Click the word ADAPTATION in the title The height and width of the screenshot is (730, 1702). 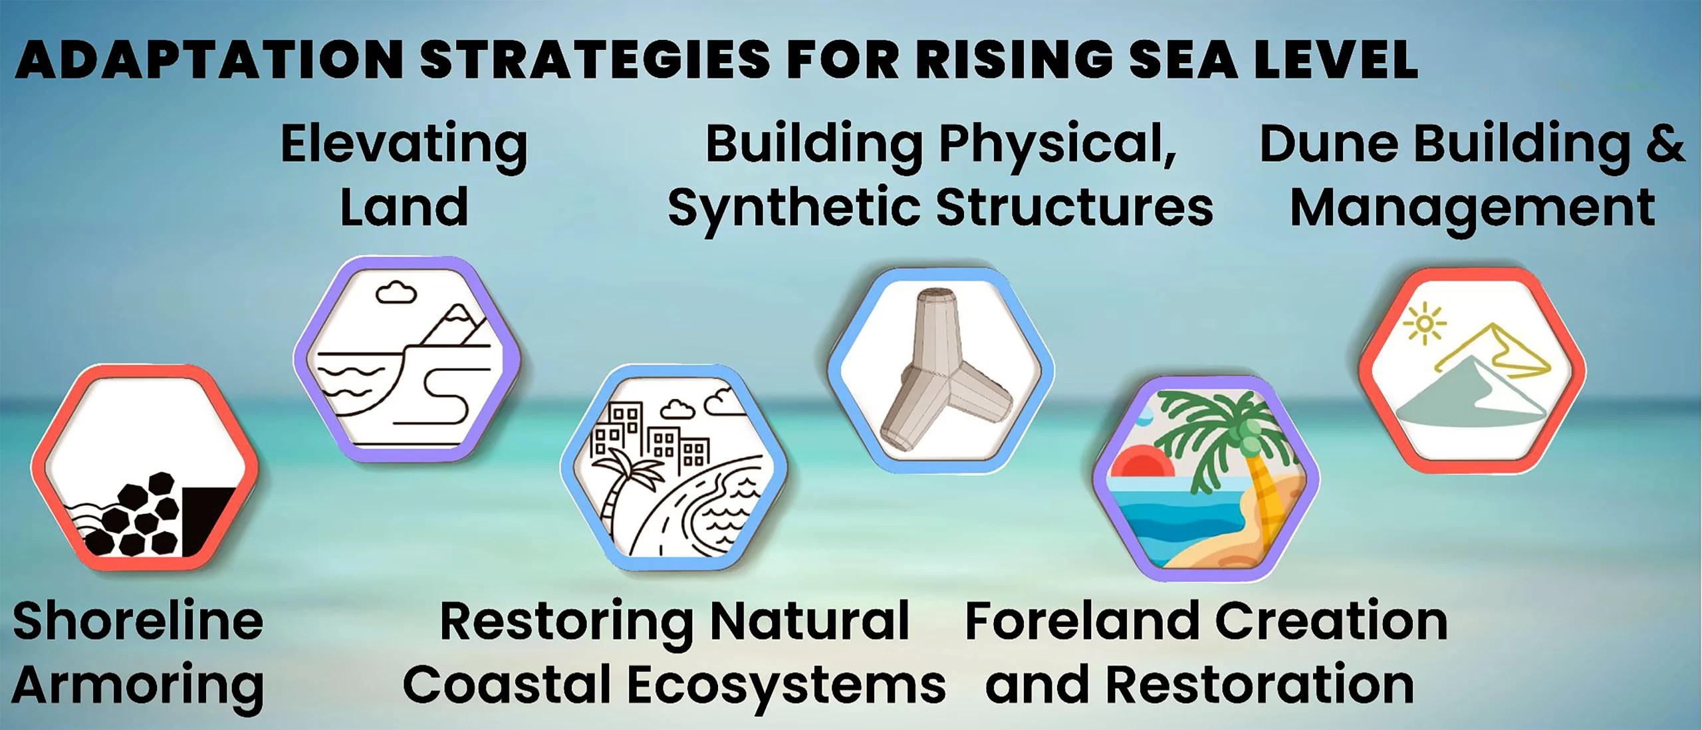click(209, 60)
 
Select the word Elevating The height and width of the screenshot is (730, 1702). click(404, 145)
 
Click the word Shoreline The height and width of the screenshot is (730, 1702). click(138, 621)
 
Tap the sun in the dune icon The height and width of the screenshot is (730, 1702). click(1424, 324)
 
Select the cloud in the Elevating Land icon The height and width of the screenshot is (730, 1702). click(396, 292)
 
